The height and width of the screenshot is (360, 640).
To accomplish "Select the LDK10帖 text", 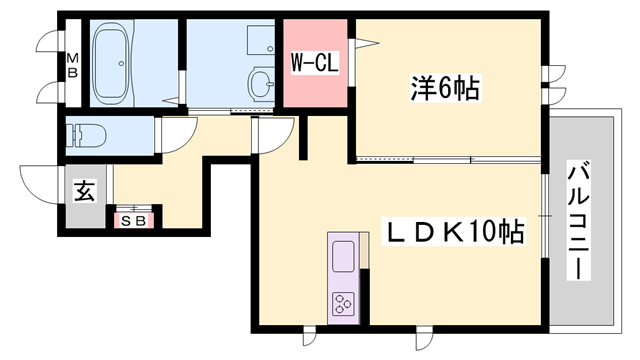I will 456,233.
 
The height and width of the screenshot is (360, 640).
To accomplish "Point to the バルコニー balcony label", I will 579,219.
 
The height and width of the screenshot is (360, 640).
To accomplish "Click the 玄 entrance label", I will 86,190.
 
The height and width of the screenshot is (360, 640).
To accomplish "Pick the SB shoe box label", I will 132,219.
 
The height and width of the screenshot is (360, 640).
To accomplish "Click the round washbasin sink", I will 262,82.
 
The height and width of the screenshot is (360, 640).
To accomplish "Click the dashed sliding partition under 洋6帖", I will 412,159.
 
